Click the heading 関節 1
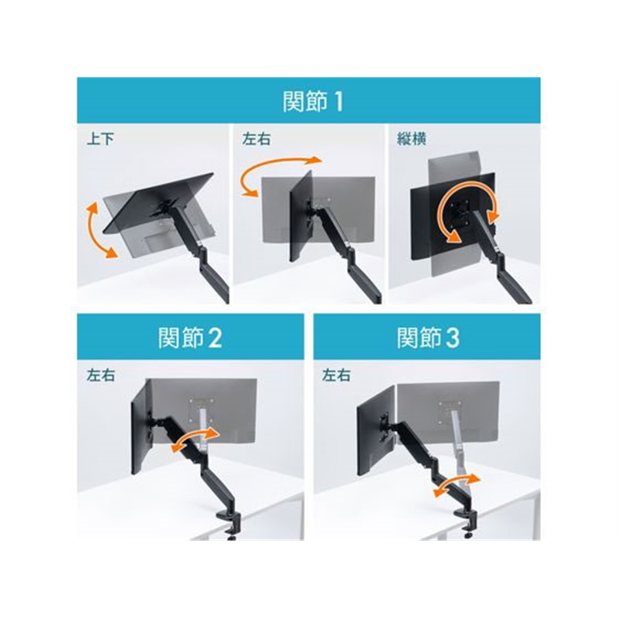click(x=313, y=101)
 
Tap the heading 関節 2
click(x=190, y=338)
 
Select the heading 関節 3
click(x=428, y=338)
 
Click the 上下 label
click(x=100, y=139)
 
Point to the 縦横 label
click(x=412, y=139)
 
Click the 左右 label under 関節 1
click(x=256, y=139)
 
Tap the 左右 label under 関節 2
click(x=101, y=375)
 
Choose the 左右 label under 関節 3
click(x=336, y=375)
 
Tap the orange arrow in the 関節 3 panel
click(x=456, y=485)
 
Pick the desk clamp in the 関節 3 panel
click(x=466, y=519)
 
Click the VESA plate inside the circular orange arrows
click(x=460, y=213)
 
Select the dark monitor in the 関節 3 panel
click(x=375, y=431)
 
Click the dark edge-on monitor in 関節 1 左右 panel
click(x=301, y=216)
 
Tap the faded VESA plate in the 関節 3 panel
click(x=449, y=413)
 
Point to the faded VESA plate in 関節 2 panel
click(x=202, y=409)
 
